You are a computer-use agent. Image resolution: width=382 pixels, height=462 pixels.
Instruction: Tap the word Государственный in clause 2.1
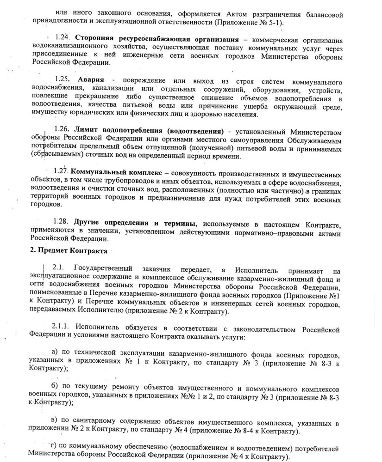pos(99,268)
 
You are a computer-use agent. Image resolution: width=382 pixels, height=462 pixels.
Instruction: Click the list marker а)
pos(55,353)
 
